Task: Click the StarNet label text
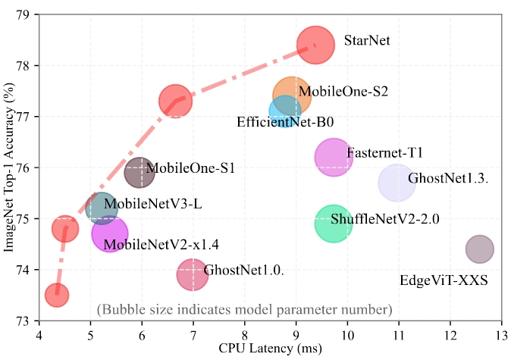[367, 40]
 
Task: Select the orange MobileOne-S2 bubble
[291, 95]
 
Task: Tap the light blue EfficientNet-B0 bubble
[284, 111]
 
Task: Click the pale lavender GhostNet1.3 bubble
[397, 183]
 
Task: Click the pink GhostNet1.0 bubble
[193, 274]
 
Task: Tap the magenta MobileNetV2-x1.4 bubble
[109, 234]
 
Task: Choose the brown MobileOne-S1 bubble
[140, 173]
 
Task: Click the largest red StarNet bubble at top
[315, 45]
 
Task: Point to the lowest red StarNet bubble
[57, 295]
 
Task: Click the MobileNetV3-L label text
[153, 203]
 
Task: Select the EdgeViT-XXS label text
[444, 281]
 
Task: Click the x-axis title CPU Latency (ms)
[270, 349]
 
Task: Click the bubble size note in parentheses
[244, 309]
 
